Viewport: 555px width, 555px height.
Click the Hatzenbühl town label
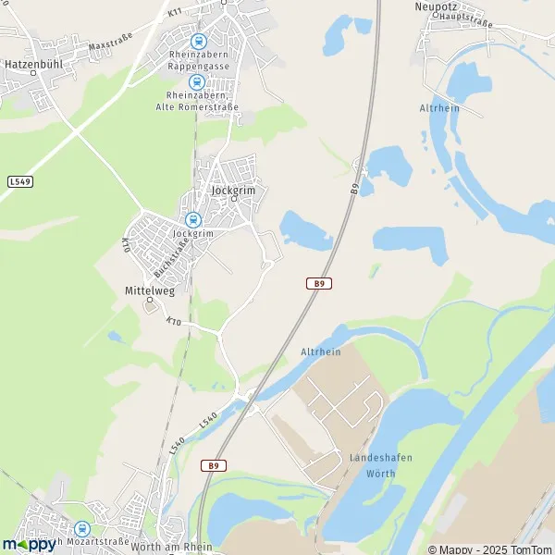pos(32,68)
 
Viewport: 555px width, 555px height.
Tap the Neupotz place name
pos(437,6)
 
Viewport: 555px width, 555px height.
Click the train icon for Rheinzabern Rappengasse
pos(198,41)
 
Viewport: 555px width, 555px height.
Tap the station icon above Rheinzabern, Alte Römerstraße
pos(197,81)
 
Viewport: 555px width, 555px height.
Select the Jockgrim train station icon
pos(192,220)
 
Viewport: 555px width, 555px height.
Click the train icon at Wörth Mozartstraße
pos(81,529)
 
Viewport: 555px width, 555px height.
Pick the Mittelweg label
pos(149,290)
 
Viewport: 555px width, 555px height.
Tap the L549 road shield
pos(20,181)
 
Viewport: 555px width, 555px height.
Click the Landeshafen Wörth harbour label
pos(380,465)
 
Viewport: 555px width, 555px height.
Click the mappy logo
pos(29,544)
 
